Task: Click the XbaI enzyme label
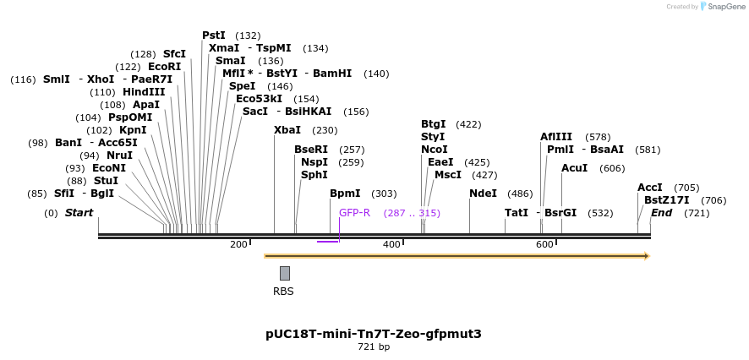pyautogui.click(x=287, y=130)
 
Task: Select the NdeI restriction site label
pyautogui.click(x=483, y=194)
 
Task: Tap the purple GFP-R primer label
pyautogui.click(x=354, y=212)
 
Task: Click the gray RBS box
pyautogui.click(x=285, y=273)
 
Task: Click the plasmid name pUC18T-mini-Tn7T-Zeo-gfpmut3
pyautogui.click(x=373, y=333)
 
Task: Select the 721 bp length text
pyautogui.click(x=373, y=346)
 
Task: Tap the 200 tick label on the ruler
pyautogui.click(x=238, y=244)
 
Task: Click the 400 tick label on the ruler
pyautogui.click(x=391, y=244)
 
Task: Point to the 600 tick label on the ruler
pyautogui.click(x=544, y=244)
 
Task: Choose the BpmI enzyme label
pyautogui.click(x=345, y=194)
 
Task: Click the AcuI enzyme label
pyautogui.click(x=574, y=168)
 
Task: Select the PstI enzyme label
pyautogui.click(x=214, y=35)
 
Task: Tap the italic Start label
pyautogui.click(x=79, y=212)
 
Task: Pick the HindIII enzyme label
pyautogui.click(x=144, y=92)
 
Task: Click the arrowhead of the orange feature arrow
pyautogui.click(x=646, y=255)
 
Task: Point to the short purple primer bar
pyautogui.click(x=327, y=242)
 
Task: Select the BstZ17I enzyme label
pyautogui.click(x=666, y=200)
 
